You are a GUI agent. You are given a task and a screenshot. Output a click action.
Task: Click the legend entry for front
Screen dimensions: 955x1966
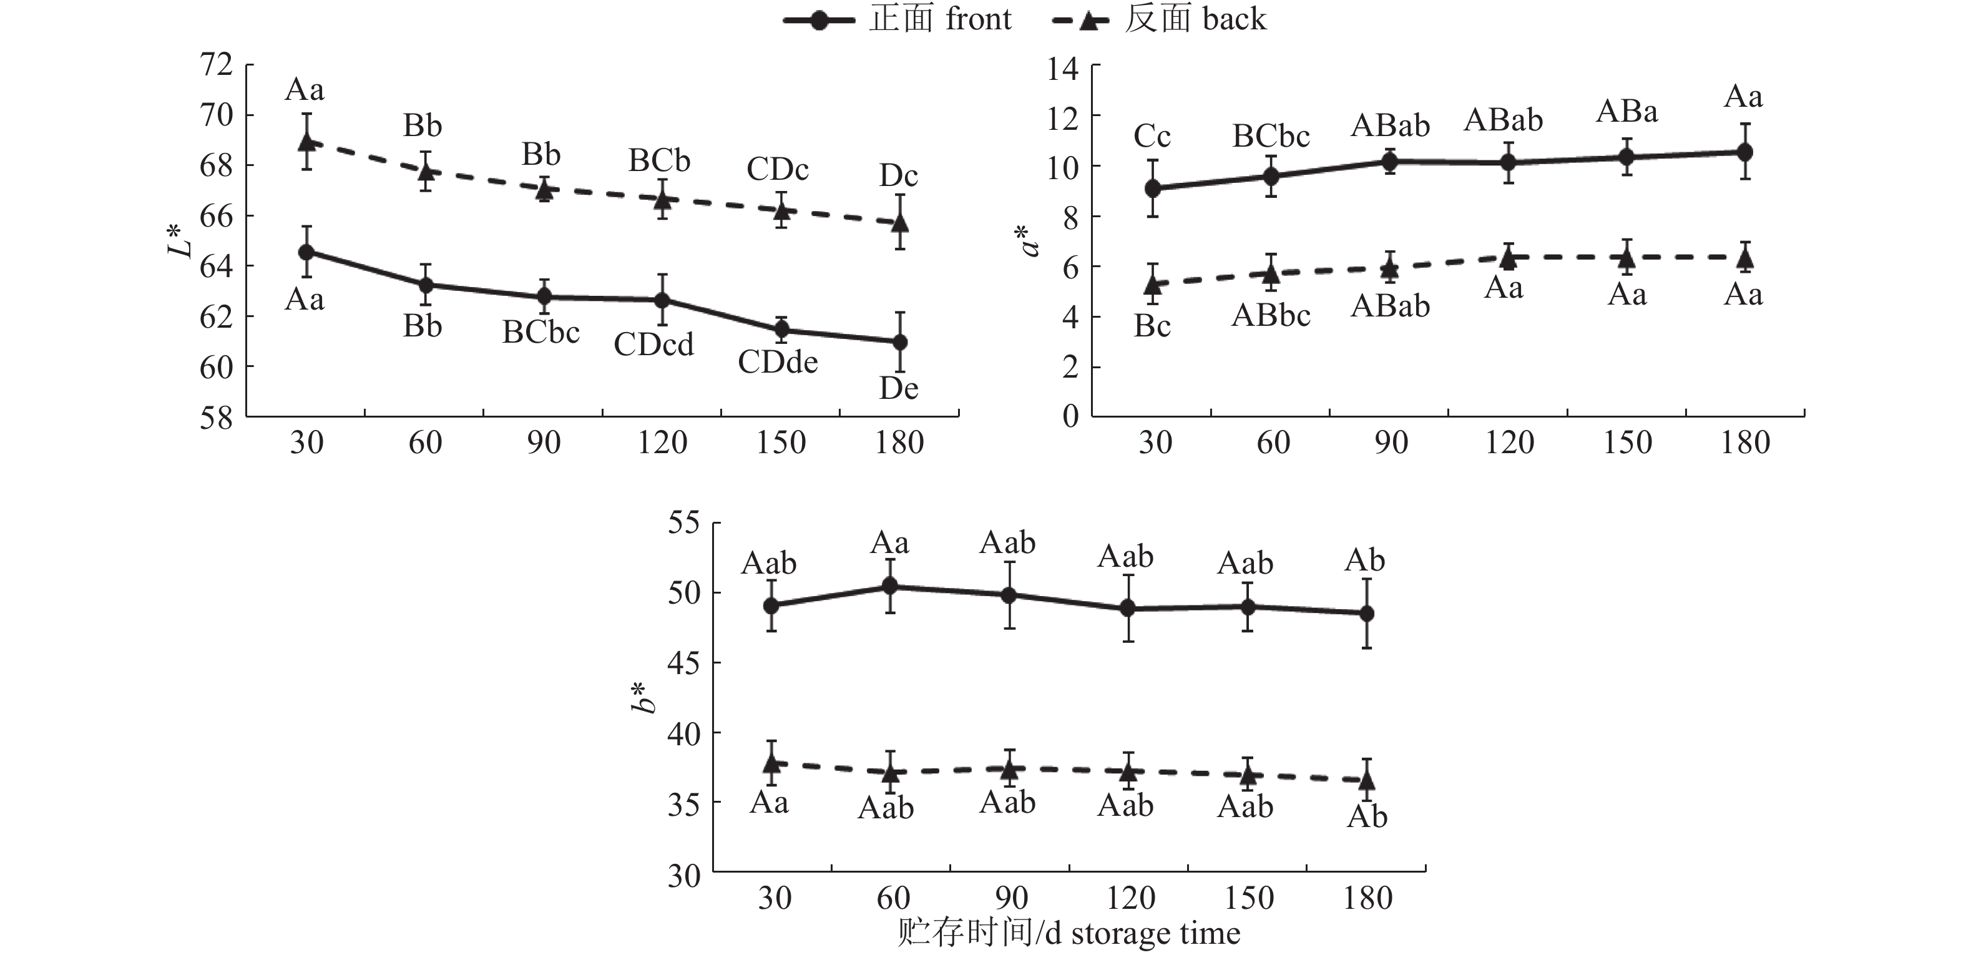click(897, 19)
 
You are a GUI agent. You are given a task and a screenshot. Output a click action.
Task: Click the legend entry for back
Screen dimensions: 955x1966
click(1158, 19)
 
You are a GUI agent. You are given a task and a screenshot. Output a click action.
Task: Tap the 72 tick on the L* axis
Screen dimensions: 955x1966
click(216, 65)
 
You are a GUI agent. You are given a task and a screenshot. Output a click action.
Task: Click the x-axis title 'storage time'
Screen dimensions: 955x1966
click(1069, 934)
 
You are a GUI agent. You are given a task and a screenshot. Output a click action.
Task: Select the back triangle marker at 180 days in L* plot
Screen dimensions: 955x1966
click(900, 222)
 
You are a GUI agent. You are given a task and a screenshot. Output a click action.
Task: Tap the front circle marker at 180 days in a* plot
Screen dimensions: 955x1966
click(1744, 152)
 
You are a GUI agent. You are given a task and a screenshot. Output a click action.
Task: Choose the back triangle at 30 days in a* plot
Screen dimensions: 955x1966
click(1152, 285)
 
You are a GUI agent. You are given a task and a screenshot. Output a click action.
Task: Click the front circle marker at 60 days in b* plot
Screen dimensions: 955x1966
click(890, 585)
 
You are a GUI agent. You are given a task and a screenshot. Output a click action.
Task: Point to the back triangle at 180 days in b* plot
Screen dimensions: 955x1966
click(1367, 780)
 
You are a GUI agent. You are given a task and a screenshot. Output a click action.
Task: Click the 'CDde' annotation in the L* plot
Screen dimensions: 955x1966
click(777, 362)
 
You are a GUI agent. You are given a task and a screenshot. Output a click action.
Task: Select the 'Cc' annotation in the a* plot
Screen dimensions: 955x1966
click(1152, 137)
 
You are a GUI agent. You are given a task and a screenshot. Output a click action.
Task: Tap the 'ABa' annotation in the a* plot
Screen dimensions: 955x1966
click(1626, 112)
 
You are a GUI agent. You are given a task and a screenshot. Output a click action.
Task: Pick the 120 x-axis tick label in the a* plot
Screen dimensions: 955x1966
click(1509, 443)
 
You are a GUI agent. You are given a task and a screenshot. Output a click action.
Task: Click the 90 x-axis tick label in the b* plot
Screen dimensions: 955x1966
click(1011, 898)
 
